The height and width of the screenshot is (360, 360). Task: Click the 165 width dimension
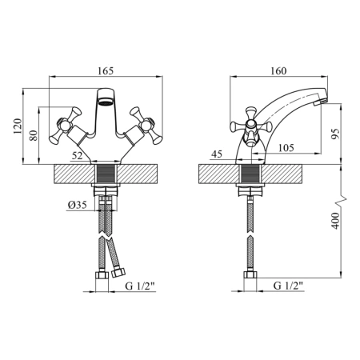click(x=106, y=71)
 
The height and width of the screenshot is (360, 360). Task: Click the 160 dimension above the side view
click(x=278, y=71)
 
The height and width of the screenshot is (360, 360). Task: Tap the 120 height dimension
click(x=18, y=126)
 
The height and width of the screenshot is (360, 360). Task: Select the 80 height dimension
click(x=34, y=135)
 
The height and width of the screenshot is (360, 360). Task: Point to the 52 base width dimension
click(x=78, y=155)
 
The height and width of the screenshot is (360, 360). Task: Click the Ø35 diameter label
click(x=78, y=205)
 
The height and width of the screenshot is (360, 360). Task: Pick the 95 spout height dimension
click(x=335, y=134)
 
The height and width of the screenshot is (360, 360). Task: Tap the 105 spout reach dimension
click(x=286, y=147)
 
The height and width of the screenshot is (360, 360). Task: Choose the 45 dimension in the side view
click(x=217, y=154)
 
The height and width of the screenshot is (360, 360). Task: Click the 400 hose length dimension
click(x=335, y=221)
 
